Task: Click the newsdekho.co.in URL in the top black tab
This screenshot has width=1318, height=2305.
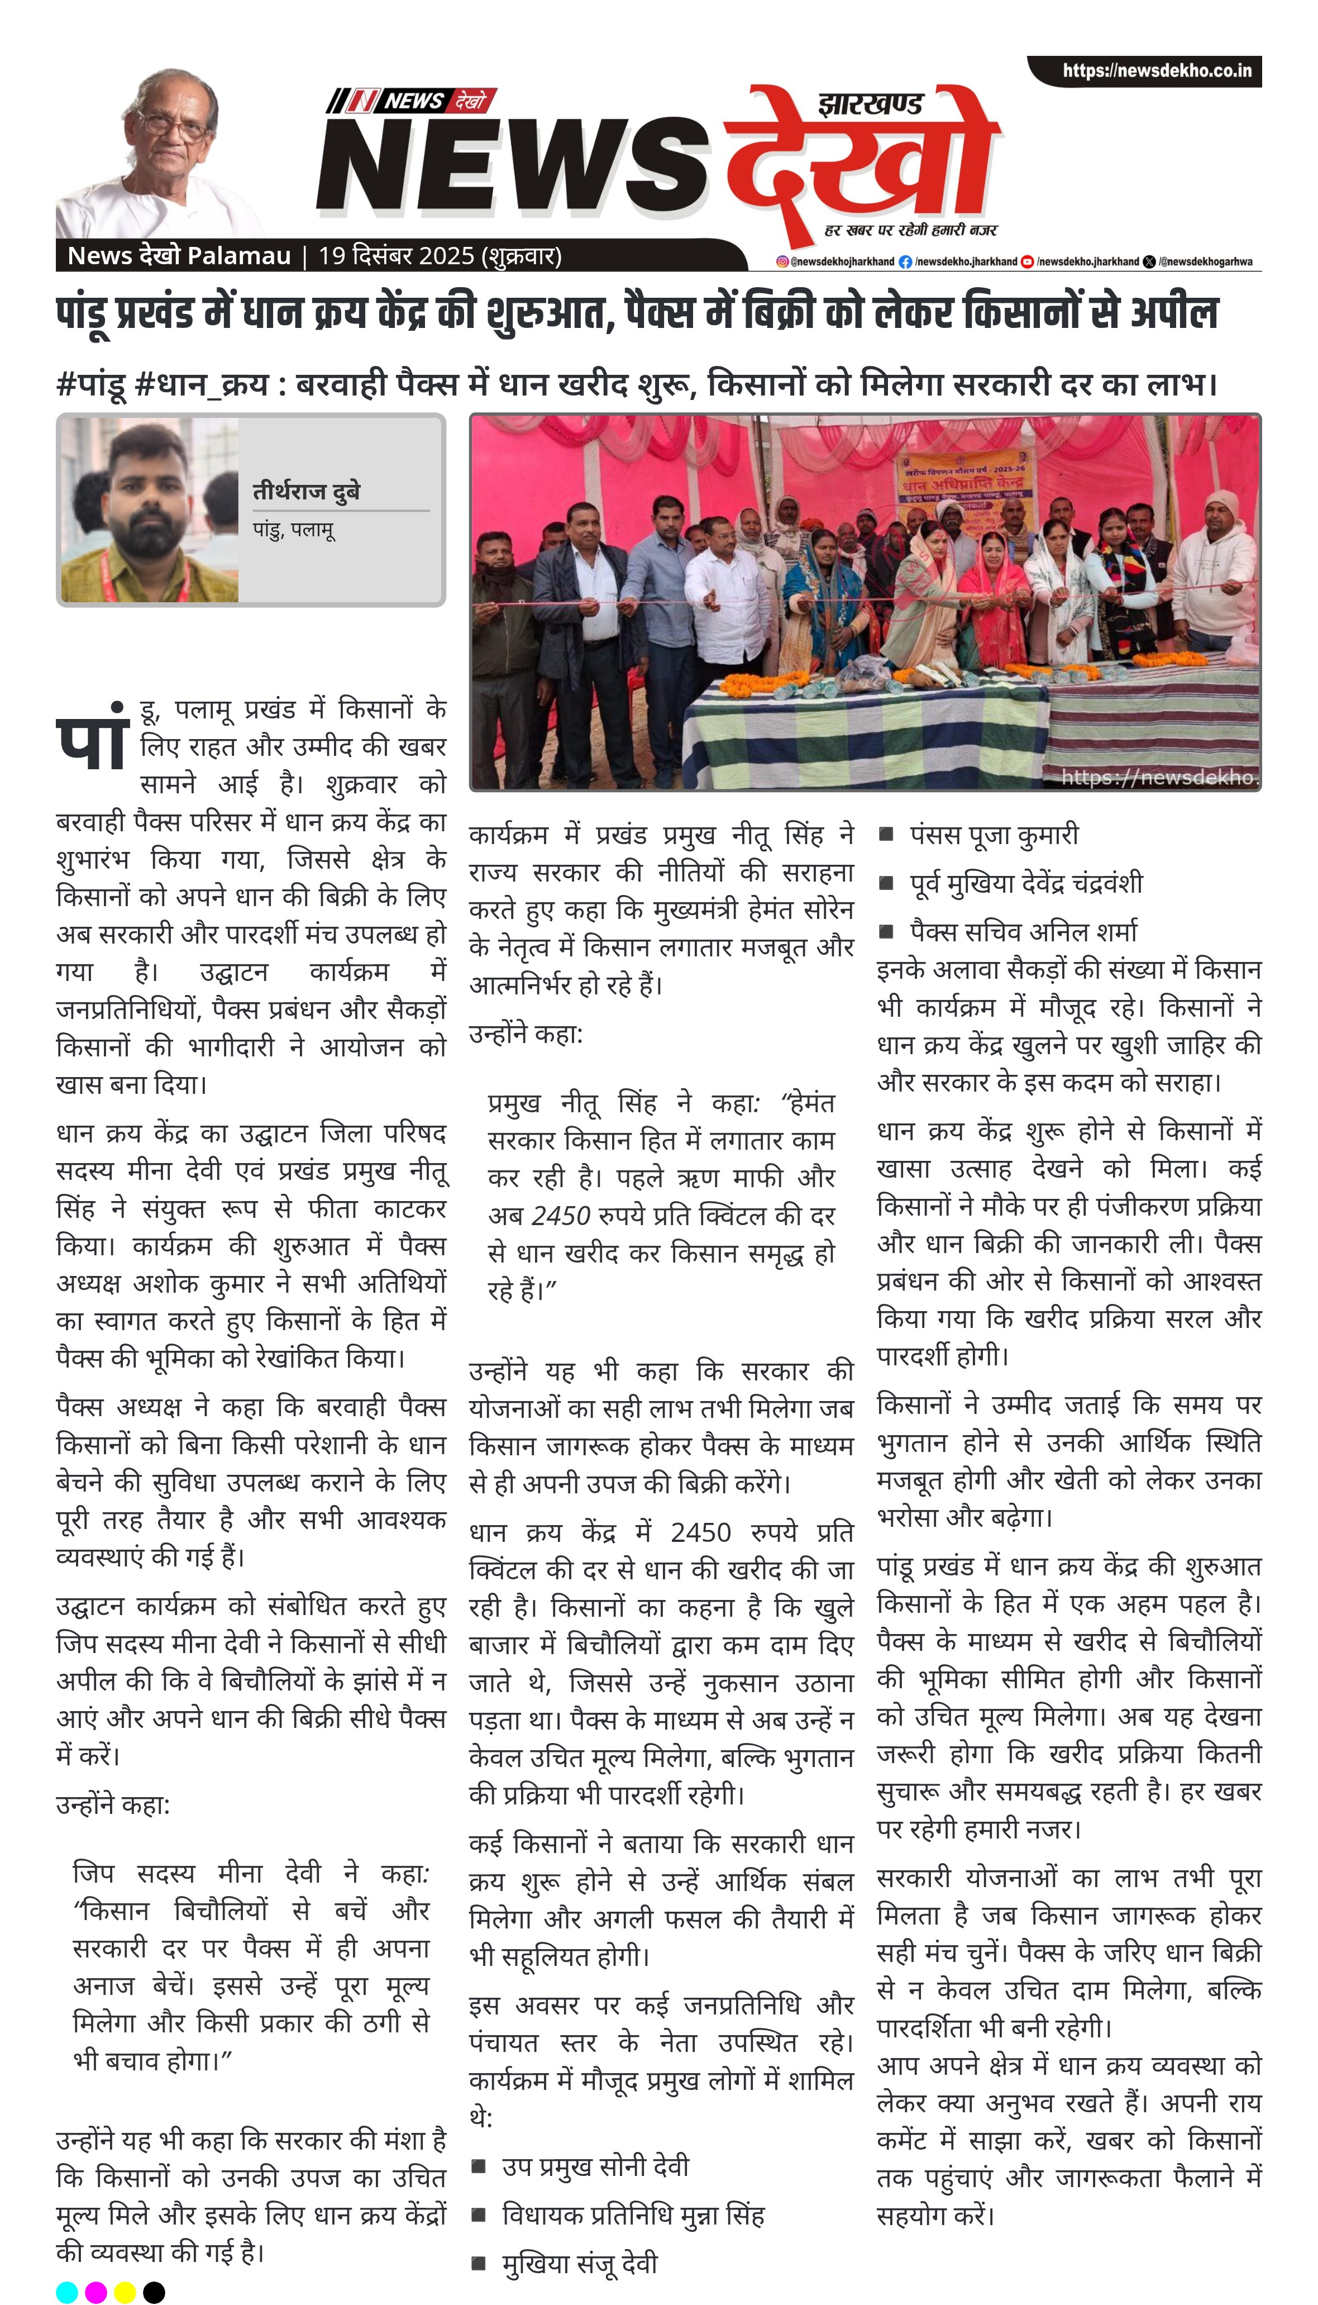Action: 1157,70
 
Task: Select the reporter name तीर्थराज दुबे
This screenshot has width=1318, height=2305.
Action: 306,492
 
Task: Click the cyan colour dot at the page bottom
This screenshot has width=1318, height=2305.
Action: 67,2292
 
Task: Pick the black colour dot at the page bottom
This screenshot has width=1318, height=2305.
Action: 154,2292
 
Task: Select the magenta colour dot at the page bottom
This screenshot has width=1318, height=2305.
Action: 96,2292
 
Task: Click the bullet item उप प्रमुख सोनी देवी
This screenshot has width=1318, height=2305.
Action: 595,2166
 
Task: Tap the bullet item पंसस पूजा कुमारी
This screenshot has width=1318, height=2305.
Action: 994,835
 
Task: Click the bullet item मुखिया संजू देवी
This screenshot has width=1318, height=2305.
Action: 579,2263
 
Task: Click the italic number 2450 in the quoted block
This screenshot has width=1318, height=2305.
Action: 561,1216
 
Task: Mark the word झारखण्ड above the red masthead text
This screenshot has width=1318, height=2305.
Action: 871,104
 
